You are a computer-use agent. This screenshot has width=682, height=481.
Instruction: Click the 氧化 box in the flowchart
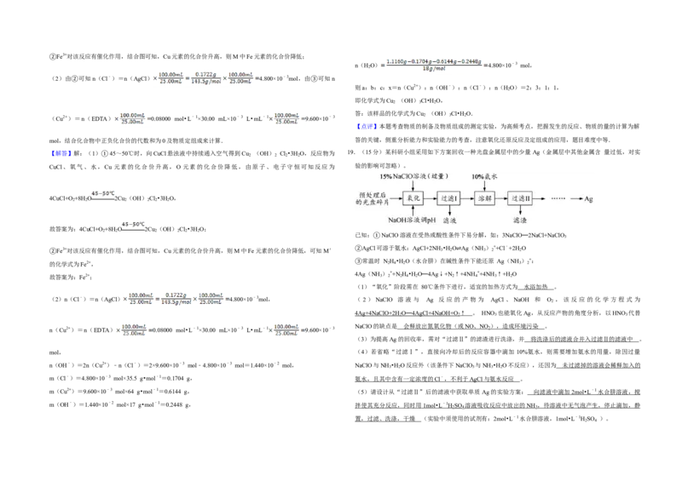(x=413, y=198)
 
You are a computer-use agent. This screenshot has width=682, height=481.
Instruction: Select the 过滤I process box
(x=449, y=198)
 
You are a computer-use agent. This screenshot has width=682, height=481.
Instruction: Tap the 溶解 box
(x=484, y=198)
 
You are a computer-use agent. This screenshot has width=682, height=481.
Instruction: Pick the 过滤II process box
(x=520, y=198)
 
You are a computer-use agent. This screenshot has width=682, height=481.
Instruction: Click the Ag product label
(x=588, y=199)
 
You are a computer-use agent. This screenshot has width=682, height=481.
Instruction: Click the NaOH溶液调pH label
(x=412, y=220)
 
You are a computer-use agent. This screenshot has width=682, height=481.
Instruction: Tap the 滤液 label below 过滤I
(x=449, y=220)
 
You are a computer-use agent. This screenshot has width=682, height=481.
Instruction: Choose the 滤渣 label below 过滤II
(x=520, y=220)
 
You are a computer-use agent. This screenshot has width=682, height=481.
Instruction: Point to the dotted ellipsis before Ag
(x=558, y=198)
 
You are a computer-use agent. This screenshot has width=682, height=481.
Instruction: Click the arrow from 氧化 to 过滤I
(x=431, y=198)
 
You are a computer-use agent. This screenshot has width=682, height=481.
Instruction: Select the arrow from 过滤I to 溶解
(x=466, y=198)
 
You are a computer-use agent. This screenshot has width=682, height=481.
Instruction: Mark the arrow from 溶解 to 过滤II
(x=501, y=198)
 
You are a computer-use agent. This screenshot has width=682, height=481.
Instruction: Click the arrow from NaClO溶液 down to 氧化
(x=413, y=186)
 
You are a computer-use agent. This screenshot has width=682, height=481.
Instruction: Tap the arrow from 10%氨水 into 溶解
(x=484, y=186)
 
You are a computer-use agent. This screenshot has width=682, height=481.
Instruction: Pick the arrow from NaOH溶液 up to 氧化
(x=413, y=210)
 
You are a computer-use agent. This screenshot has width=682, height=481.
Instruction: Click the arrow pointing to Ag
(x=575, y=198)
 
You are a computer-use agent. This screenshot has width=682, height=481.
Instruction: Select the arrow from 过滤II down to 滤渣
(x=520, y=210)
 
